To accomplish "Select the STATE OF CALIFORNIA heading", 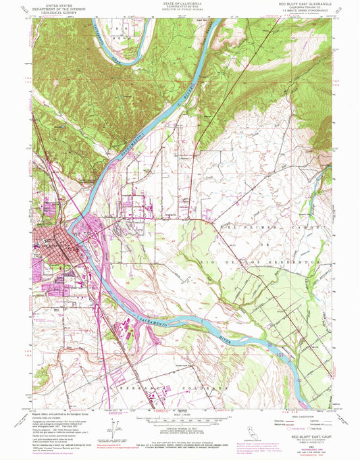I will click(179, 3).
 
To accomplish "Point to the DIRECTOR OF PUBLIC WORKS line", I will click(179, 12).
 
